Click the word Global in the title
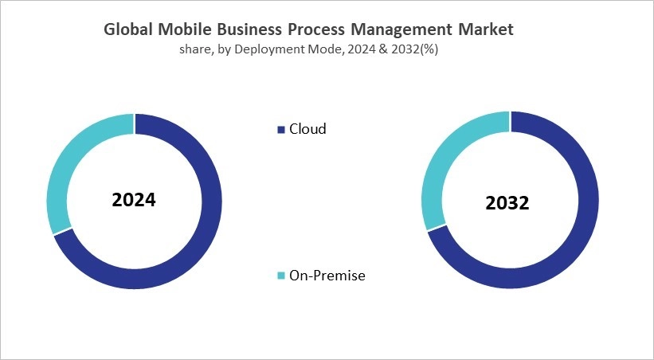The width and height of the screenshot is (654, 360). click(x=128, y=29)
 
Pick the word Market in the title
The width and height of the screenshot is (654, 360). click(x=485, y=29)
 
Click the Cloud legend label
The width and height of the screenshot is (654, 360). click(x=307, y=129)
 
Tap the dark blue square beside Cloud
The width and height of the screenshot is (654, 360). click(x=280, y=130)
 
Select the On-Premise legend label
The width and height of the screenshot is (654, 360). click(x=327, y=276)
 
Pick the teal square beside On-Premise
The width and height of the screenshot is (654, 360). click(x=280, y=276)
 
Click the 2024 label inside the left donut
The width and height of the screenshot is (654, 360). click(x=134, y=200)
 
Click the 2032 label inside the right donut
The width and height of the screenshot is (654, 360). click(x=507, y=203)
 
